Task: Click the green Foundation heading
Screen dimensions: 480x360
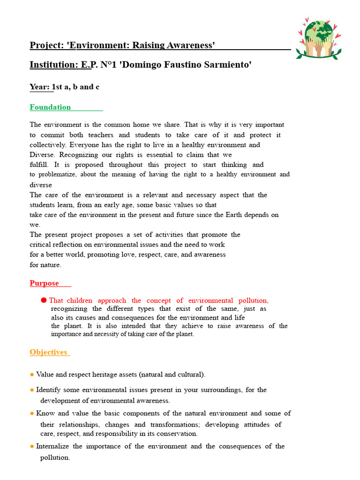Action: coord(50,107)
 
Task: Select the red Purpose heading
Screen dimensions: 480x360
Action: coord(45,283)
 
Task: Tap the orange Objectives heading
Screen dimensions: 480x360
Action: coord(48,352)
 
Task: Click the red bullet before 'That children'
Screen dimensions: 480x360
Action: coord(44,300)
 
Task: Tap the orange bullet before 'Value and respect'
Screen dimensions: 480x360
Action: coord(32,375)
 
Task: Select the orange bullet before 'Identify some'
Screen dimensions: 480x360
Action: coord(32,390)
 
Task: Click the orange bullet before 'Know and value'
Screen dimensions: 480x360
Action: coord(32,413)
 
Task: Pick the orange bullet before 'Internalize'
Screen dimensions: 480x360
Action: coord(32,446)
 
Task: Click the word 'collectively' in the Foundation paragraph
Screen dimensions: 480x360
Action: coord(49,145)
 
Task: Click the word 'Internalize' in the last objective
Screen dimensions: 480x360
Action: coord(52,446)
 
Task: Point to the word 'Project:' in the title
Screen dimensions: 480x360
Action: coord(47,45)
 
